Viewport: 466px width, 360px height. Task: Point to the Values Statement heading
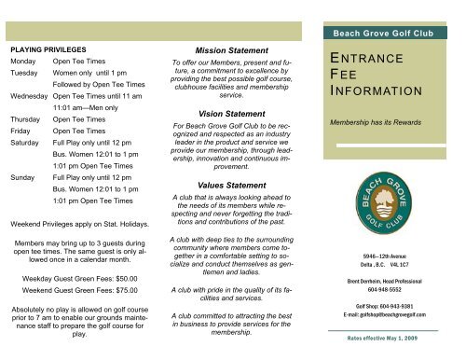[x=233, y=187]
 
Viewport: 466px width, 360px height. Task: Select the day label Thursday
[x=25, y=120]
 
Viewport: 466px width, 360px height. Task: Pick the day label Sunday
[x=22, y=174]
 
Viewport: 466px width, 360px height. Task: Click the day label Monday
[x=23, y=59]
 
